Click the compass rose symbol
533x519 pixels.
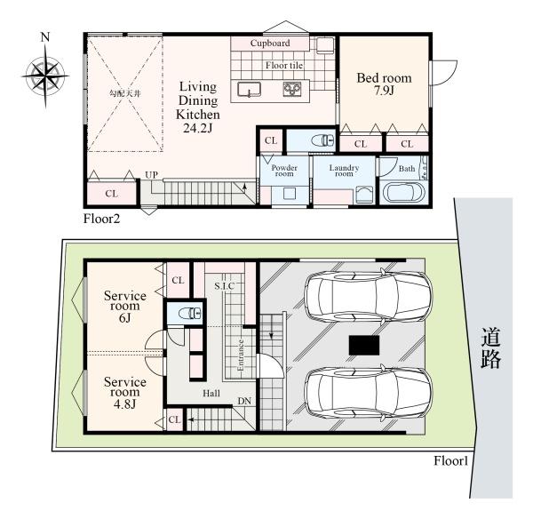(45, 75)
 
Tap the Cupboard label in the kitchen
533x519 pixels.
(270, 44)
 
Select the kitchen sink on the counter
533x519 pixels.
(249, 90)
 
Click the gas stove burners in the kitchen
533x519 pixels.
(292, 89)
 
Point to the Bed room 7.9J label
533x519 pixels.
(384, 84)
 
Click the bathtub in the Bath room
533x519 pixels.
(404, 193)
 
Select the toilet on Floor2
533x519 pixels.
(322, 140)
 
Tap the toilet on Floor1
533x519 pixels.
(190, 313)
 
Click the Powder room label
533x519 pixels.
(284, 171)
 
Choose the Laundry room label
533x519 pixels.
(344, 171)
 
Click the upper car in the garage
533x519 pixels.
(369, 296)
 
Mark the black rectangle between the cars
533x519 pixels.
(364, 345)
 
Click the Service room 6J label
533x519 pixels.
(125, 306)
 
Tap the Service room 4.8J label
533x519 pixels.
(125, 393)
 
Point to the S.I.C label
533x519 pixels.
(225, 286)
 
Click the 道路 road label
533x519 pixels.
(490, 347)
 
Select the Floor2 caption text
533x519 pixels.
(101, 219)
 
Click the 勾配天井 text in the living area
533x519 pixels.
(124, 93)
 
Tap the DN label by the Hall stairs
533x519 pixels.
(244, 402)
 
